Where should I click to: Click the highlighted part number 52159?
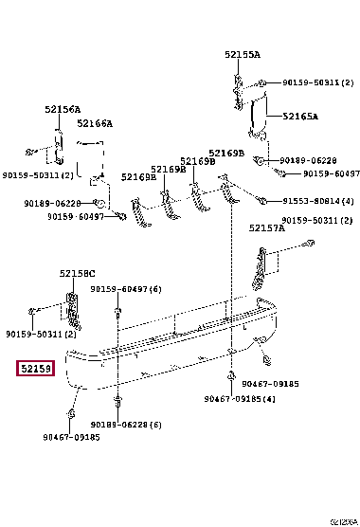click(x=35, y=369)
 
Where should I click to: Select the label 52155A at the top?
click(x=243, y=55)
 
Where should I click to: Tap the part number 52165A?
click(x=299, y=117)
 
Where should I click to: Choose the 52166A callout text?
click(x=95, y=123)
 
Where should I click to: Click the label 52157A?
click(x=267, y=227)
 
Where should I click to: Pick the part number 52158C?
click(x=77, y=273)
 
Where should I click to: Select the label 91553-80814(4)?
click(x=318, y=201)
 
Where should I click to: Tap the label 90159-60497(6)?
click(x=126, y=288)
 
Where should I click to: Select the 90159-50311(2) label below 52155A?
click(x=312, y=82)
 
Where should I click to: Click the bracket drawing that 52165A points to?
click(x=256, y=114)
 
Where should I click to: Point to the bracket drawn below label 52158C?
click(x=72, y=309)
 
